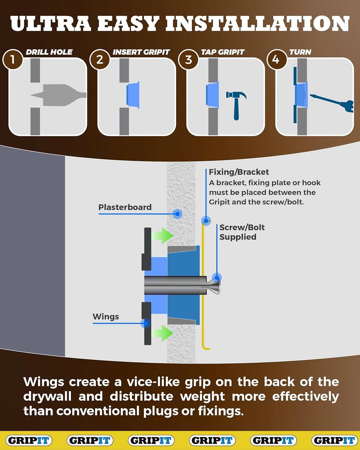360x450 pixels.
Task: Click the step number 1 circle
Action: (13, 59)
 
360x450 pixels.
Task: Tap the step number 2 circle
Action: (100, 59)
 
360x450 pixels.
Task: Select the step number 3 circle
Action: (188, 59)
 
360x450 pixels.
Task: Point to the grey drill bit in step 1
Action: (58, 95)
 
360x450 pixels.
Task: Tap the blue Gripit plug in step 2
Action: (133, 95)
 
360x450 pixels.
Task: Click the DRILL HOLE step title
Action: (49, 52)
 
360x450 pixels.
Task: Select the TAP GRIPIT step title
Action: (223, 52)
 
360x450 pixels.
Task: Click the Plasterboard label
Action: (125, 207)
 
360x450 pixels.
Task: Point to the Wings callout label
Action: (106, 316)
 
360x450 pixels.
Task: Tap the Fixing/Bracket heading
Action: (239, 172)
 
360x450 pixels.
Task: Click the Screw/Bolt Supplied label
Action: (242, 232)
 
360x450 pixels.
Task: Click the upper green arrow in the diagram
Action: (162, 236)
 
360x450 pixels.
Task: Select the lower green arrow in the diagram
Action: (162, 333)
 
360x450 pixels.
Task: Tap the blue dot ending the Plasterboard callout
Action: (177, 214)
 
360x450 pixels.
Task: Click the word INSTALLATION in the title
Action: (257, 24)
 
